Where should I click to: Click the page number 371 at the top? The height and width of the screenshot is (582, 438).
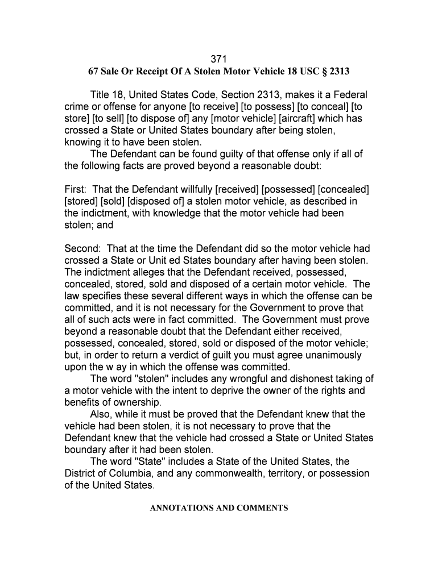(219, 59)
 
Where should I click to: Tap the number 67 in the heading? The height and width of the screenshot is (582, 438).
(92, 72)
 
